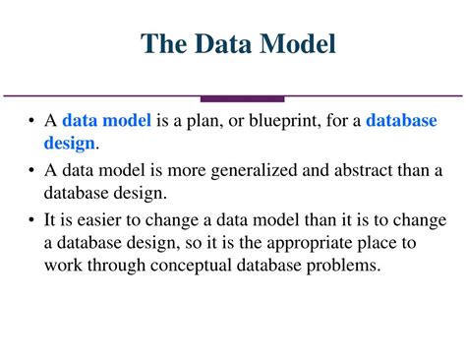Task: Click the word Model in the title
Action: [x=298, y=43]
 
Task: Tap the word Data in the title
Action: [x=223, y=43]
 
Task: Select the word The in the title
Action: [x=164, y=43]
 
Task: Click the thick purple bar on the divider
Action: [x=242, y=99]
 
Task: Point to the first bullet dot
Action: [x=31, y=121]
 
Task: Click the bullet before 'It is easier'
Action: [x=31, y=219]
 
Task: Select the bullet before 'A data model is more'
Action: [x=31, y=170]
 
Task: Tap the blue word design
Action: [x=69, y=144]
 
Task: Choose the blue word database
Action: [x=401, y=120]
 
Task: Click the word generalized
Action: [x=254, y=171]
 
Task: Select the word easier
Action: [x=99, y=220]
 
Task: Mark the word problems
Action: [x=343, y=266]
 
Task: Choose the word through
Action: [x=116, y=266]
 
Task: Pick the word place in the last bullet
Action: [x=377, y=244]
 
